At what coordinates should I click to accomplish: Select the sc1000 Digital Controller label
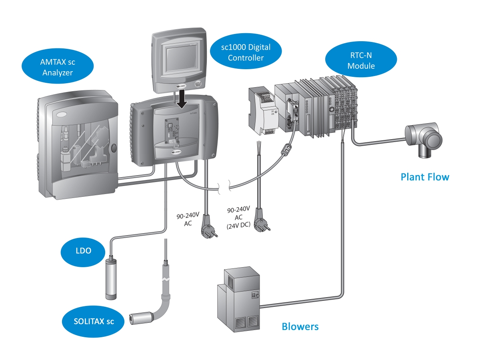click(x=246, y=52)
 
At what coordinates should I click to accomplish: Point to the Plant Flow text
click(x=425, y=177)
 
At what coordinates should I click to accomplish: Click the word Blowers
click(x=300, y=326)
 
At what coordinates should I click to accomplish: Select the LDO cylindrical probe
click(x=110, y=278)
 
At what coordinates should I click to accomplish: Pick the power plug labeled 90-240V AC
click(x=210, y=228)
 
